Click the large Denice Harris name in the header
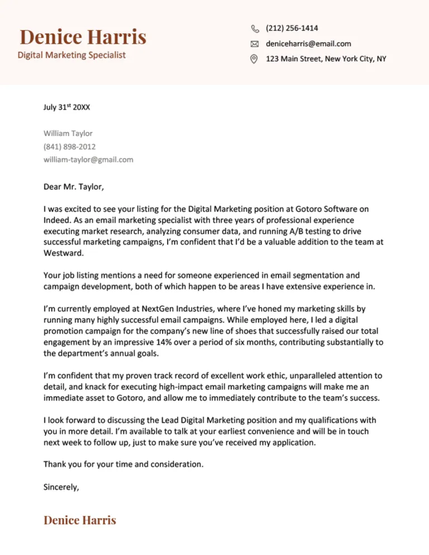pyautogui.click(x=83, y=37)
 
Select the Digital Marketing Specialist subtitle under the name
pyautogui.click(x=71, y=55)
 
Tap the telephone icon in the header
pyautogui.click(x=255, y=29)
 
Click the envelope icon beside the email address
pyautogui.click(x=255, y=44)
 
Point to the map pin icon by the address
pyautogui.click(x=255, y=59)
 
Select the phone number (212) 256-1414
pyautogui.click(x=292, y=28)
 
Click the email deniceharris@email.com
pyautogui.click(x=308, y=44)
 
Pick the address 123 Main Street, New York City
pyautogui.click(x=326, y=59)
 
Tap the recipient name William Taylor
pyautogui.click(x=68, y=133)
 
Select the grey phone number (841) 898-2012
pyautogui.click(x=69, y=146)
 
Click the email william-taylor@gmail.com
pyautogui.click(x=88, y=159)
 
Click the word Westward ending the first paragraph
pyautogui.click(x=63, y=252)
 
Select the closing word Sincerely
pyautogui.click(x=61, y=487)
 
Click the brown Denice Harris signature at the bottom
pyautogui.click(x=80, y=520)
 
